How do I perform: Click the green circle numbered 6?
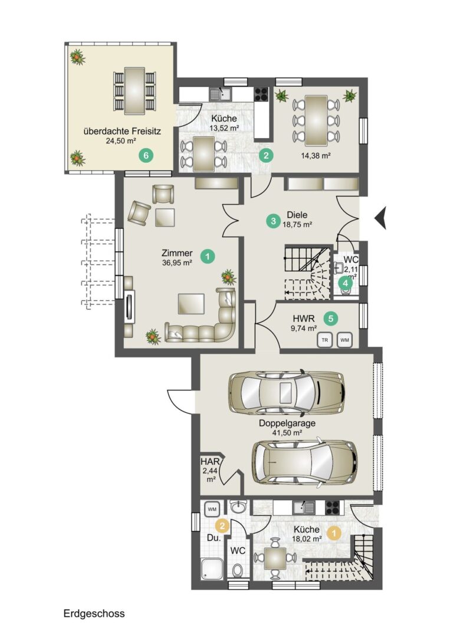click(147, 155)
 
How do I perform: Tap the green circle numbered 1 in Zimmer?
click(208, 257)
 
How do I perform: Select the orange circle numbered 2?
click(222, 526)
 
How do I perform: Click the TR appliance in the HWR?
click(324, 340)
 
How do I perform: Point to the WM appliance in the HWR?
click(345, 340)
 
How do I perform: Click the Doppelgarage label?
click(287, 423)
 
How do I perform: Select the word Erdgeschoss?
click(94, 613)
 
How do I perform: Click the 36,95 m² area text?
click(177, 263)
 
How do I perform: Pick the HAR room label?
click(211, 462)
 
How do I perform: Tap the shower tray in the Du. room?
click(212, 570)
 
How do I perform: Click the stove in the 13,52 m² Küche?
click(261, 94)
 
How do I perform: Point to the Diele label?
click(297, 215)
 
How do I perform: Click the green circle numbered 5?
click(331, 318)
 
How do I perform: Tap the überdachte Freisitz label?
click(122, 132)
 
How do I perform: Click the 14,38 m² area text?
click(316, 155)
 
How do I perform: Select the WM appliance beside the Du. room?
click(212, 508)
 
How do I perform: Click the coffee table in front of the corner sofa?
click(191, 304)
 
